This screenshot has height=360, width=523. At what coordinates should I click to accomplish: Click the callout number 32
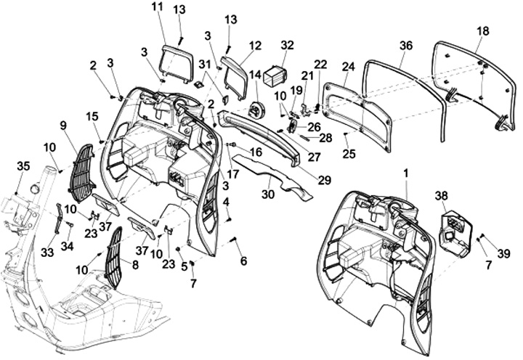point(288,45)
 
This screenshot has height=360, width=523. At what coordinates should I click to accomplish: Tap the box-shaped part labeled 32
point(274,75)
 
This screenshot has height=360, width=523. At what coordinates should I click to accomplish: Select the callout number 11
point(158,7)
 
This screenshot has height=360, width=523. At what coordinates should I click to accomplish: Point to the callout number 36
point(405,45)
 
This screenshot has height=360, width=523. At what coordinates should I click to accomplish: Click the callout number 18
point(483,32)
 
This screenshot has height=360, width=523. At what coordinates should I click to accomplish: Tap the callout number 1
point(406,174)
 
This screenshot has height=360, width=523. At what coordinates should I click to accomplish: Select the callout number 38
point(441,197)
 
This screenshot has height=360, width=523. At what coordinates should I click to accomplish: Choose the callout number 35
point(23,166)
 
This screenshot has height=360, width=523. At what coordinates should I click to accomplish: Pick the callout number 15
point(92,116)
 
